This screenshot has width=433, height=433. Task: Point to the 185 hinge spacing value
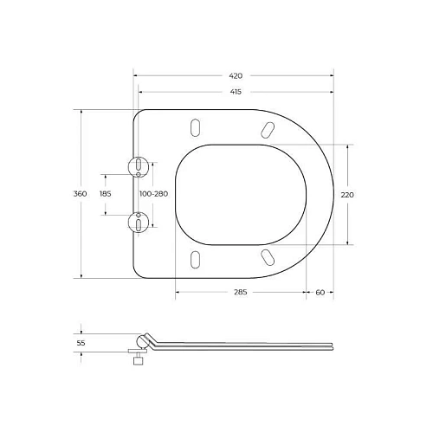(x=106, y=194)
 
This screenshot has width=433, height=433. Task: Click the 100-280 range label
(x=152, y=194)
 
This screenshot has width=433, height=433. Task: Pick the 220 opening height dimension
(x=348, y=195)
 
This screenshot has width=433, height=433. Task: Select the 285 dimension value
(x=240, y=293)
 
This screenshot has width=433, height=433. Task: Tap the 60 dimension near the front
(x=320, y=293)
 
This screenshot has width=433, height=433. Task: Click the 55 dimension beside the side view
(x=81, y=344)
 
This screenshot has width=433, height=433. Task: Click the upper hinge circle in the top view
(x=139, y=165)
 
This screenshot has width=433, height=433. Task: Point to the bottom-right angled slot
(x=268, y=255)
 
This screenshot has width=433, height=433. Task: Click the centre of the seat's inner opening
(x=236, y=193)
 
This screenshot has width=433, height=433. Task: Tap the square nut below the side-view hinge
(x=136, y=365)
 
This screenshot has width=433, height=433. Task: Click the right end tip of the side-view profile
(x=333, y=347)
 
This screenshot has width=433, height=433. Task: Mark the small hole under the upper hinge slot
(x=139, y=175)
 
